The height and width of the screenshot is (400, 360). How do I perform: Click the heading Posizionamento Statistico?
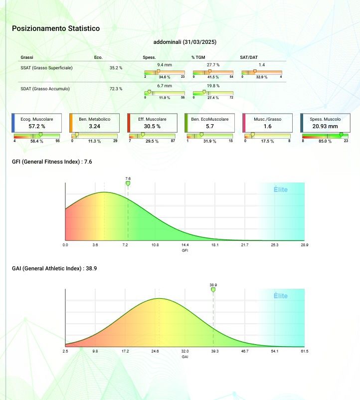[56, 28]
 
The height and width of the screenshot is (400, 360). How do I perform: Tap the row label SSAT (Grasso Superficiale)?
[46, 67]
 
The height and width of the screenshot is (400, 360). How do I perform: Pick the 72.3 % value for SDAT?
[116, 89]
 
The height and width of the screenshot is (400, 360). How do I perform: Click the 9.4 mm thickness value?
[165, 65]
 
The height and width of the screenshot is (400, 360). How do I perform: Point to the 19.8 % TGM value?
[213, 86]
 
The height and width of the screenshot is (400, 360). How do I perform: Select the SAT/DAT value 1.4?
[262, 65]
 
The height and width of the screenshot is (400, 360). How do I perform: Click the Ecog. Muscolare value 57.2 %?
[37, 126]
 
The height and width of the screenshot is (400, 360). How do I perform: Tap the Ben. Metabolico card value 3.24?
[95, 126]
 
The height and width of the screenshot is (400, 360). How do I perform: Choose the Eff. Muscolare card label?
[153, 120]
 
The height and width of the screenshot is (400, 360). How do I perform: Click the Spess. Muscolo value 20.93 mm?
[325, 126]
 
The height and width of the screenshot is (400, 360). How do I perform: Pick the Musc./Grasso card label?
[267, 120]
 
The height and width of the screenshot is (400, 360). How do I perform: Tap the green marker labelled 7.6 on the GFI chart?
[128, 184]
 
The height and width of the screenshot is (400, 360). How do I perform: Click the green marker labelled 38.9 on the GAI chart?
[213, 289]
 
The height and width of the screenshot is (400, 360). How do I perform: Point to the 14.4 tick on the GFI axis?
[185, 245]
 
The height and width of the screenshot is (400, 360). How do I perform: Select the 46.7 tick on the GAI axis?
[245, 351]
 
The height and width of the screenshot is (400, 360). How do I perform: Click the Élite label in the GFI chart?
[281, 190]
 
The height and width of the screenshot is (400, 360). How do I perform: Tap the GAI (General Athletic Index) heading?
[54, 268]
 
